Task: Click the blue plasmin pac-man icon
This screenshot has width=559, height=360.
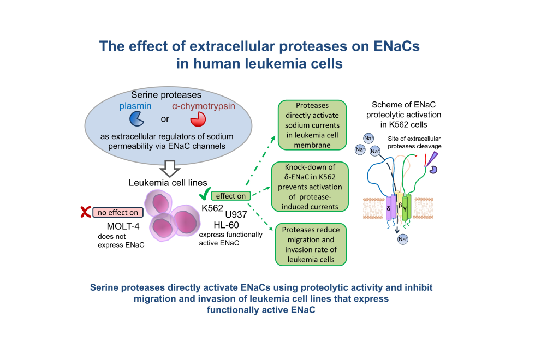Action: coord(136,118)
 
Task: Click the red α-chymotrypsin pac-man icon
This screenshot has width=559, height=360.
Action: coord(197,118)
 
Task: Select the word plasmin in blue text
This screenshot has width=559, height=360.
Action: coord(135,105)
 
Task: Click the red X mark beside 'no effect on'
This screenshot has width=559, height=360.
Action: coord(85,212)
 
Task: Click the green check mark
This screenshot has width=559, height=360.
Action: coord(205,195)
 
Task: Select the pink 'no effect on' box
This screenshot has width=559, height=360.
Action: coord(118,212)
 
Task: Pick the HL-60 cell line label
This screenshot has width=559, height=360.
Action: coord(214,225)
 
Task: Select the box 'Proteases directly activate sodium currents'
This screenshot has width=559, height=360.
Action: coord(310,125)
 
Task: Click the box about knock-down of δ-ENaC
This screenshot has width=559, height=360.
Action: coord(310,186)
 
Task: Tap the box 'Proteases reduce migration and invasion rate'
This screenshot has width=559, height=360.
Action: coord(310,244)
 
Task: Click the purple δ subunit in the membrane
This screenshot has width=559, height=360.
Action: coord(389,207)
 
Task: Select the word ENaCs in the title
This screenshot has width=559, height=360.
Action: coord(391,46)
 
